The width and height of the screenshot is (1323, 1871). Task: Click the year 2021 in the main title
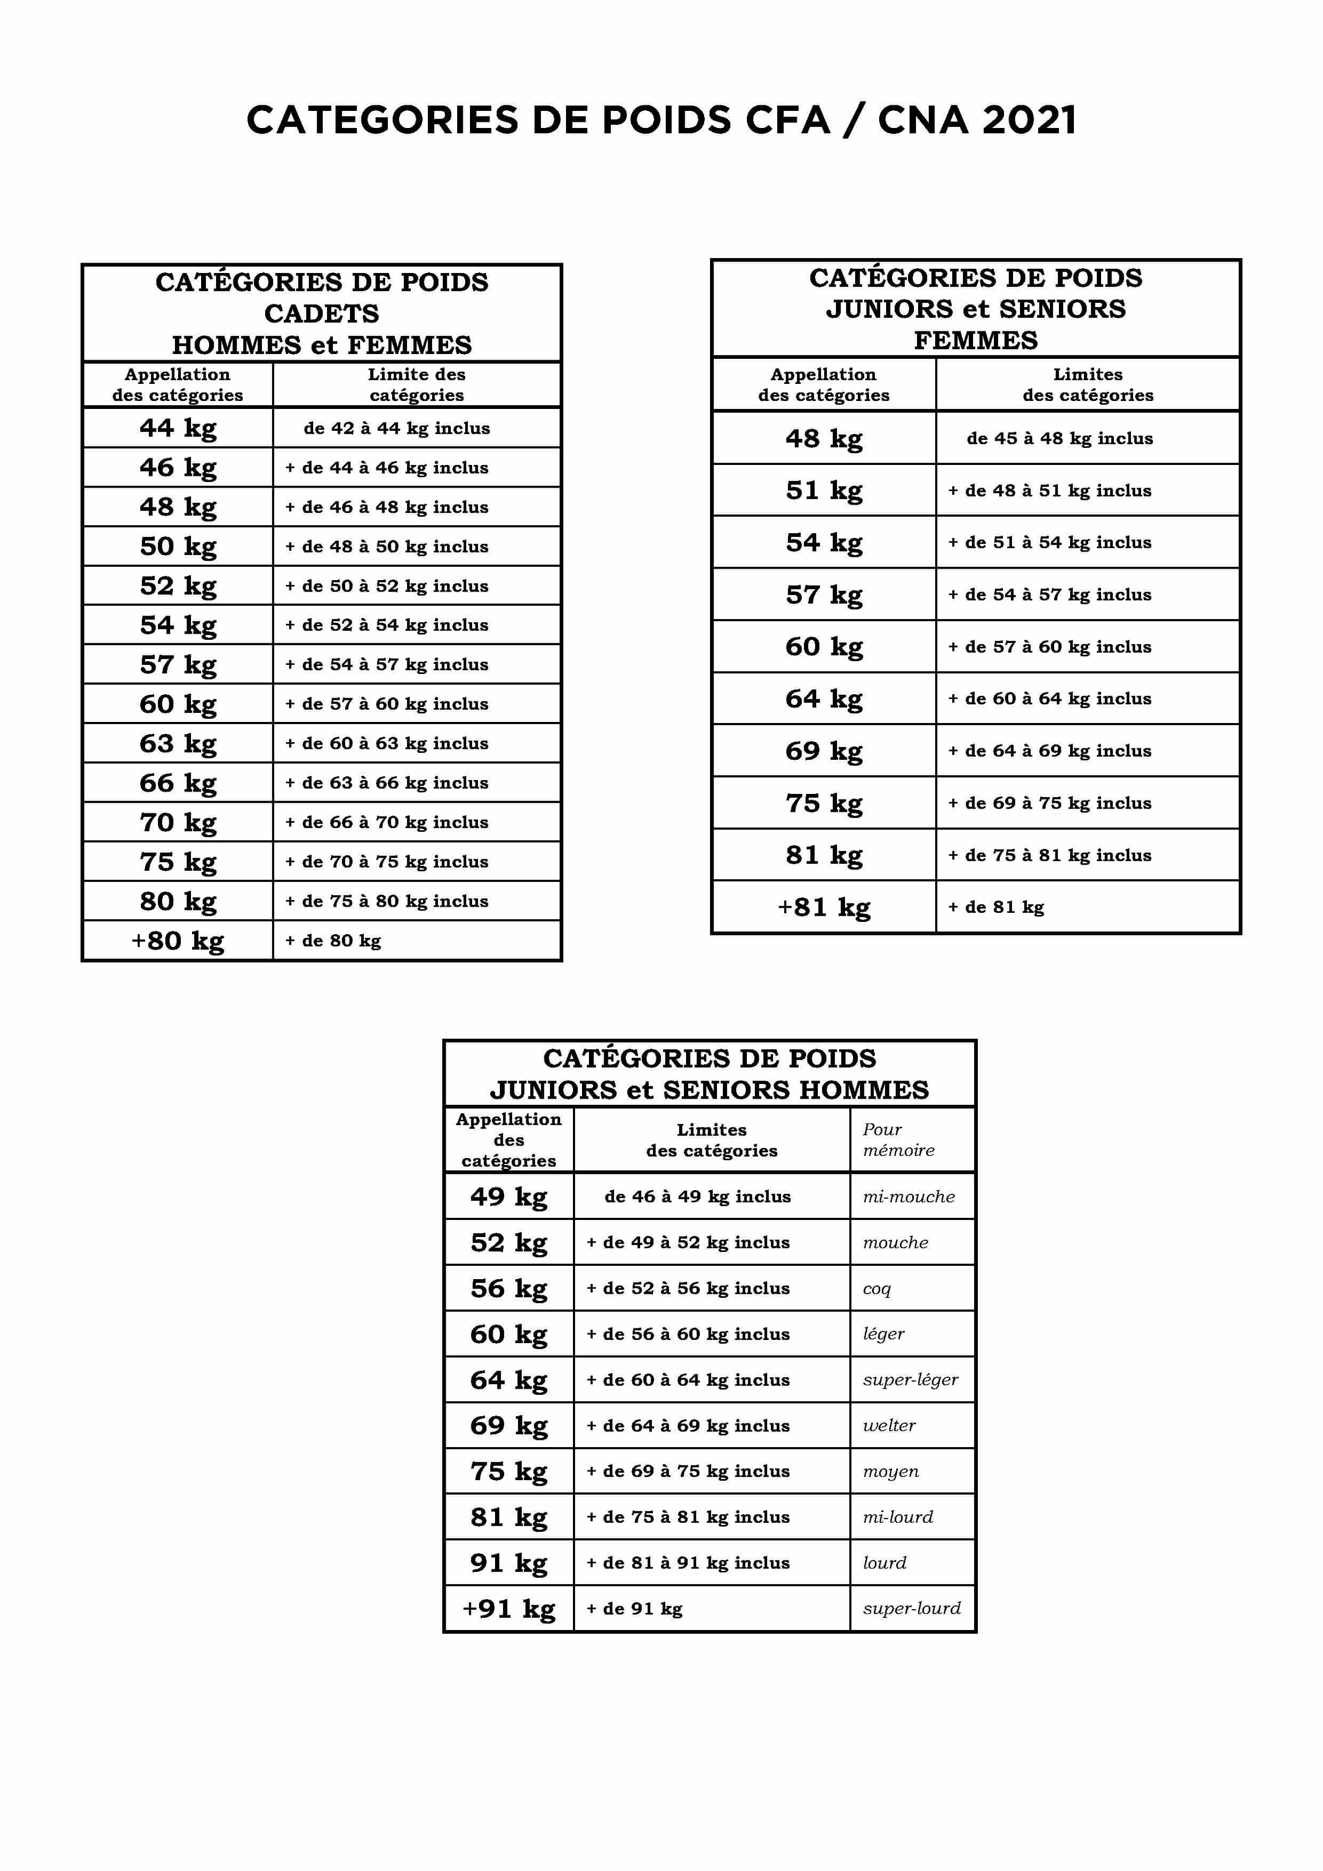[x=1029, y=120]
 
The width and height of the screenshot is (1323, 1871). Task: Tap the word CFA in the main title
[x=787, y=120]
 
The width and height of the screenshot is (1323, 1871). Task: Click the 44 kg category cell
[x=178, y=428]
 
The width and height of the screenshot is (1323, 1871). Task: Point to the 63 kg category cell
[x=178, y=743]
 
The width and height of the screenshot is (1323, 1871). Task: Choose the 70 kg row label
[x=178, y=822]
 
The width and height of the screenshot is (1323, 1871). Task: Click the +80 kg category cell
[x=178, y=941]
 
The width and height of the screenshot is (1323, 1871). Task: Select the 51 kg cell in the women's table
[x=823, y=491]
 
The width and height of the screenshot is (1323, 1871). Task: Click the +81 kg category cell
[x=823, y=907]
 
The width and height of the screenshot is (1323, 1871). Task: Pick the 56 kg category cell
[x=508, y=1288]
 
